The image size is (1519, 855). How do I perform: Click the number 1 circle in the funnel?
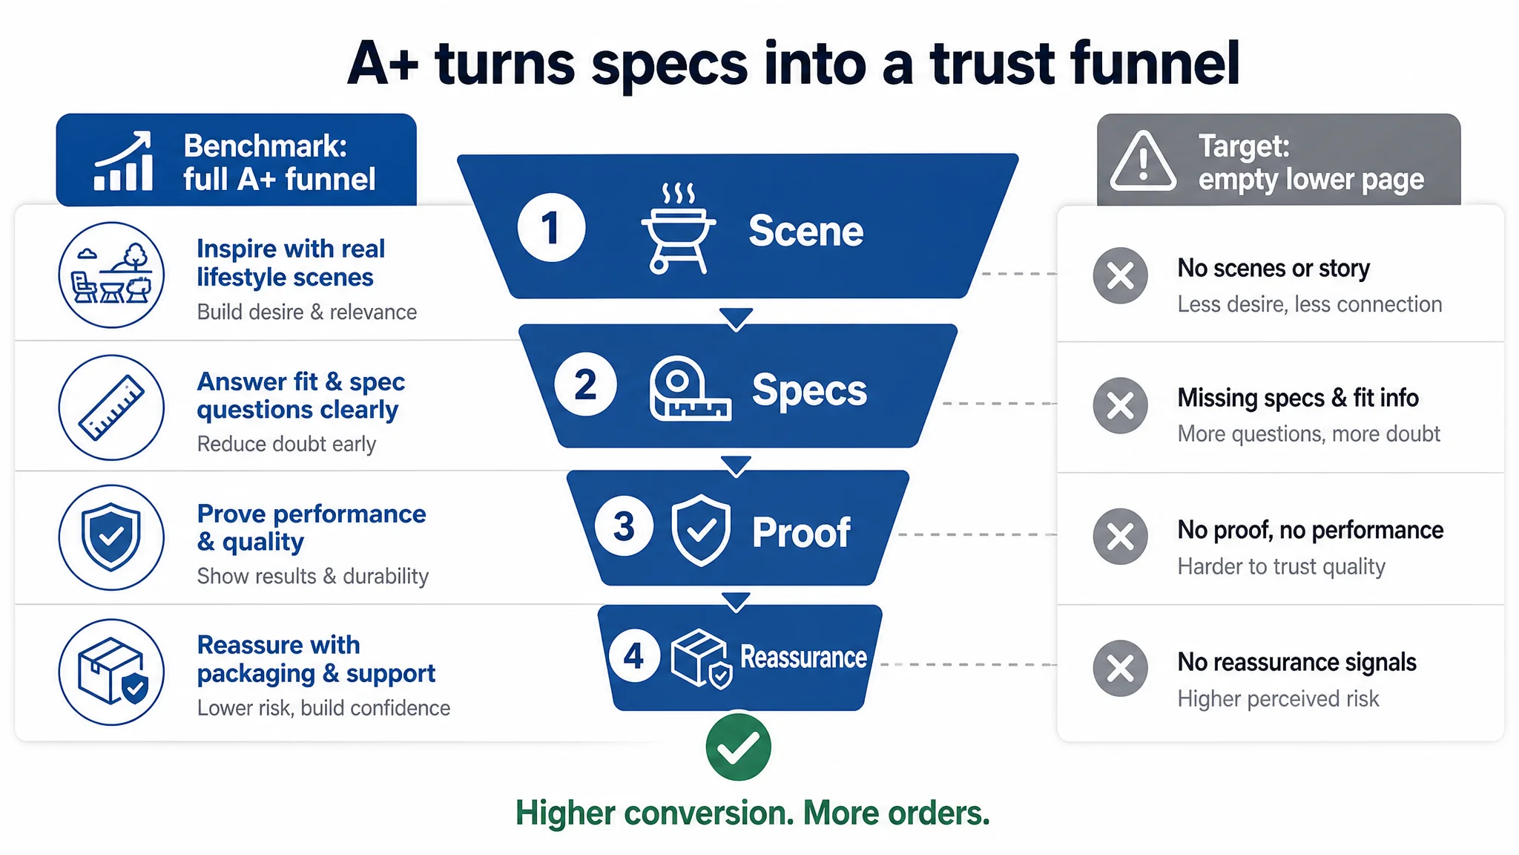(x=551, y=227)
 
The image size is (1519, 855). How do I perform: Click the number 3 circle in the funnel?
(x=624, y=525)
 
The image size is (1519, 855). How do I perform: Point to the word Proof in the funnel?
(x=801, y=532)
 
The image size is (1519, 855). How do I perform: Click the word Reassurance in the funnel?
(x=803, y=657)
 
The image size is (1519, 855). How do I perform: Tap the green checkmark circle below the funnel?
(x=738, y=747)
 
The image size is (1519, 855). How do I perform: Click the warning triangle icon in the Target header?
(x=1143, y=161)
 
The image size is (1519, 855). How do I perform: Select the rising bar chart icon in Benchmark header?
(x=123, y=161)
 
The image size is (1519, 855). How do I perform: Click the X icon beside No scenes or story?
(x=1120, y=275)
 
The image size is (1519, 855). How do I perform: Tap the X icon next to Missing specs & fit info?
(x=1120, y=406)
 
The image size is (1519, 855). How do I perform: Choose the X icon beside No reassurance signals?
(x=1120, y=668)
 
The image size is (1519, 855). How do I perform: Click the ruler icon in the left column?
(x=111, y=407)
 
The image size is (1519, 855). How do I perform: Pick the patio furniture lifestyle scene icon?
(x=111, y=275)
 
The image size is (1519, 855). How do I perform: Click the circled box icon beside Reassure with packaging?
(x=111, y=672)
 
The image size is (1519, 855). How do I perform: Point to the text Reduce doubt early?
(x=286, y=444)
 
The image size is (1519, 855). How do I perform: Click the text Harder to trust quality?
(x=1281, y=566)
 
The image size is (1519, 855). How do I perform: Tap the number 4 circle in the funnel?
(x=633, y=656)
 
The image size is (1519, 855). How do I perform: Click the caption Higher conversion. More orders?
(x=753, y=813)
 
